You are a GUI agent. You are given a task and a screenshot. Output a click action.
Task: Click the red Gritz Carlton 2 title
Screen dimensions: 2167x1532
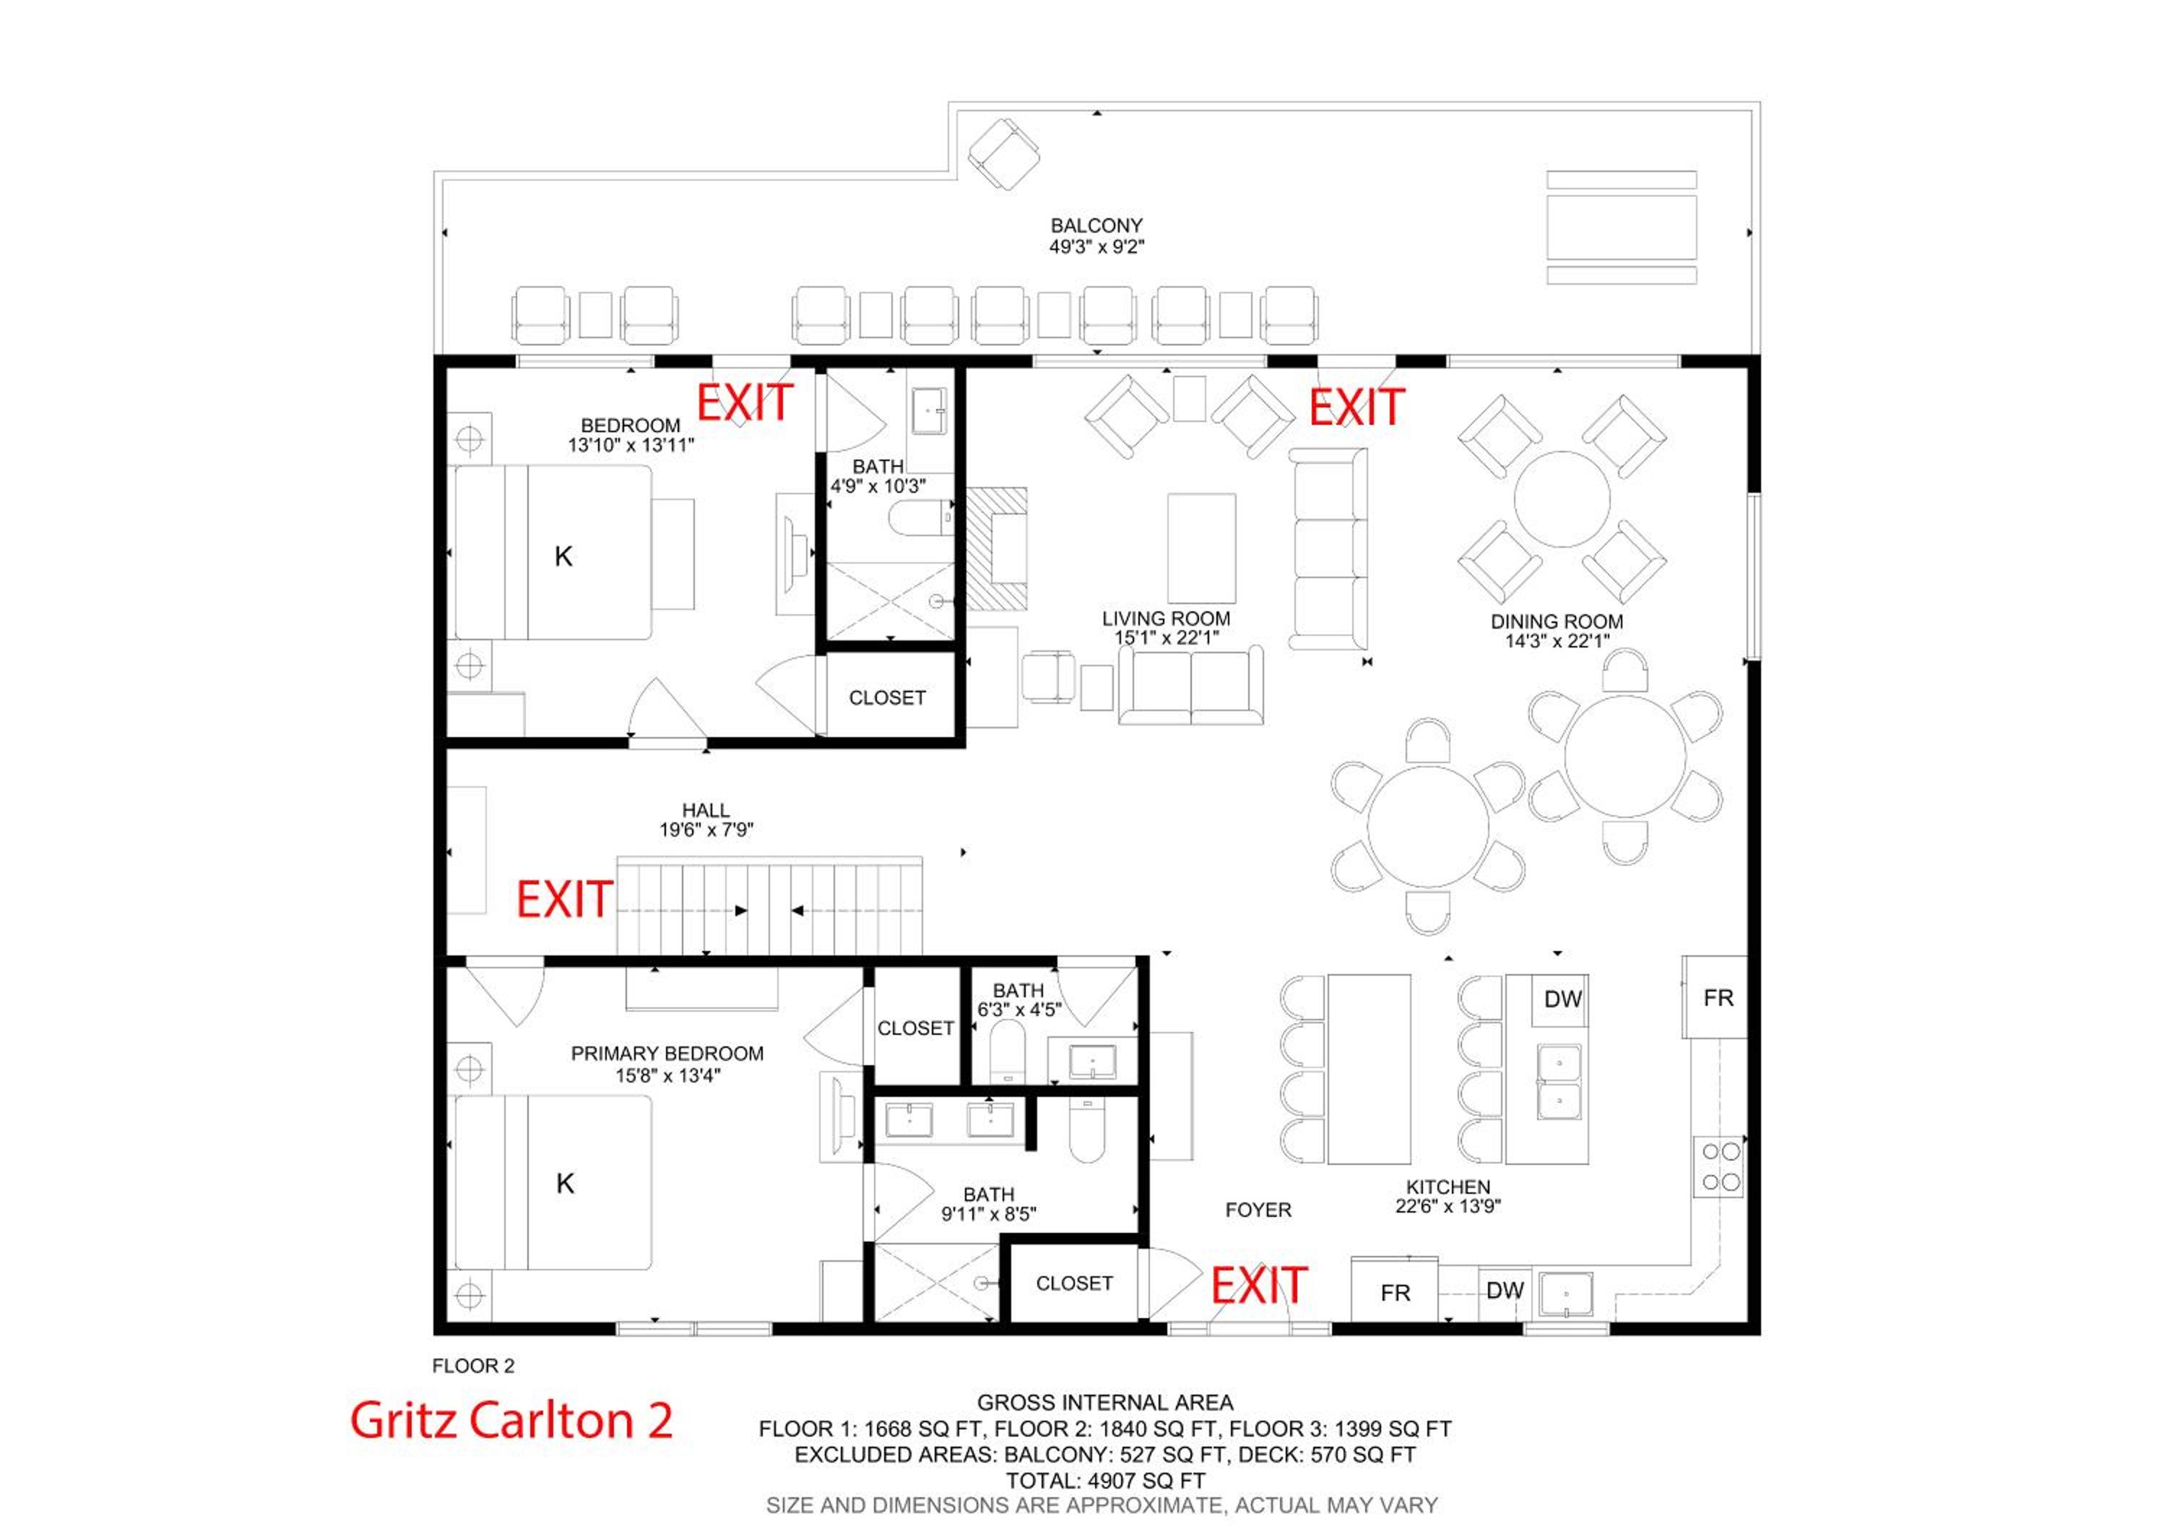(511, 1420)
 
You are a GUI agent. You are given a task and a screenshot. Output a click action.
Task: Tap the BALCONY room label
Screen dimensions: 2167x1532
(1097, 225)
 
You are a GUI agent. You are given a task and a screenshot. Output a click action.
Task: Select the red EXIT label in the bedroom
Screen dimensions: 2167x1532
(745, 403)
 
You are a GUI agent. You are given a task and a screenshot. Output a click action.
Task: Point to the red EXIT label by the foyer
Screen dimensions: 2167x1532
(1259, 1286)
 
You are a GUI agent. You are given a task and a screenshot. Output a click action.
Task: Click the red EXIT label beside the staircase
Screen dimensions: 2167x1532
(564, 900)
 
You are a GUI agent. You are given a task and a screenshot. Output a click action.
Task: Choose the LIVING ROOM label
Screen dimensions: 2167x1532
(1167, 619)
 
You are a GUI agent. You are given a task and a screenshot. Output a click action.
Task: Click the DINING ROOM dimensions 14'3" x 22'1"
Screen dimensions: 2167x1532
(1557, 642)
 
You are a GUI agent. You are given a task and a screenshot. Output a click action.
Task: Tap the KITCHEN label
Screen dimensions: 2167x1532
(1448, 1187)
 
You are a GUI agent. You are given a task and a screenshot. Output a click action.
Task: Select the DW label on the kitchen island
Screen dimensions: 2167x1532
(1563, 999)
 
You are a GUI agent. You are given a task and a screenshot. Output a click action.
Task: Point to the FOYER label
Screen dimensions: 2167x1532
(1258, 1210)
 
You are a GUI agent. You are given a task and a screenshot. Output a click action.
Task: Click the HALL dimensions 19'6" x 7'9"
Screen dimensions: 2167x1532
(706, 830)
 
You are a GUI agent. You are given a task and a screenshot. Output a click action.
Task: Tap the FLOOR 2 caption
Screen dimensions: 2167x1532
(473, 1366)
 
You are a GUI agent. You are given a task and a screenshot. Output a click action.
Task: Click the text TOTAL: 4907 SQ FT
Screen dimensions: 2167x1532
(1105, 1481)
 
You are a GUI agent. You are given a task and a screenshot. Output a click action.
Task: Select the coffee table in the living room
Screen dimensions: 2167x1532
(1201, 548)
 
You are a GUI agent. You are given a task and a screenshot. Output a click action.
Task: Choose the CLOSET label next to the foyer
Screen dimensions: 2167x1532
(1074, 1283)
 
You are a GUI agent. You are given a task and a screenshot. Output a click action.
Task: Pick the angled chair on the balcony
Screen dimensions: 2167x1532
(1004, 155)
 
